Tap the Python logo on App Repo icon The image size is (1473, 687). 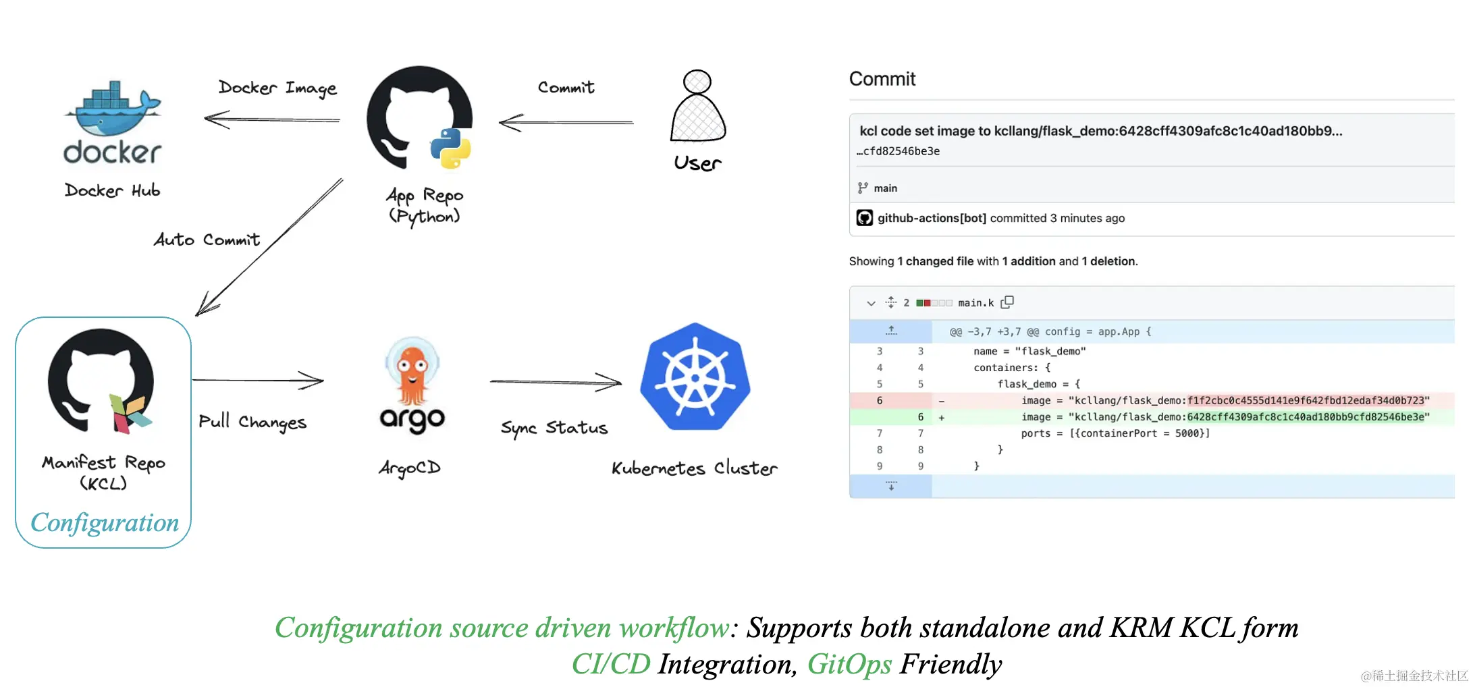450,148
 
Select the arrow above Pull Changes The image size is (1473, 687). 258,381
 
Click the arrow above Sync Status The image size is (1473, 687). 555,382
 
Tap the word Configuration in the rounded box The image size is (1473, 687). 105,523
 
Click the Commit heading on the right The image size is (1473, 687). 882,79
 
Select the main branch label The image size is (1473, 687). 885,188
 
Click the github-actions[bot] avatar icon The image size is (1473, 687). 864,218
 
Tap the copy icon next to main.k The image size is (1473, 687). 1007,302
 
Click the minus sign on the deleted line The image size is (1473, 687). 941,401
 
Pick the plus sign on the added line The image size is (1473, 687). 941,418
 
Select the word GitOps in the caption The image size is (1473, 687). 849,664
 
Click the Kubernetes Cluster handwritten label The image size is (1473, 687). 694,468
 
